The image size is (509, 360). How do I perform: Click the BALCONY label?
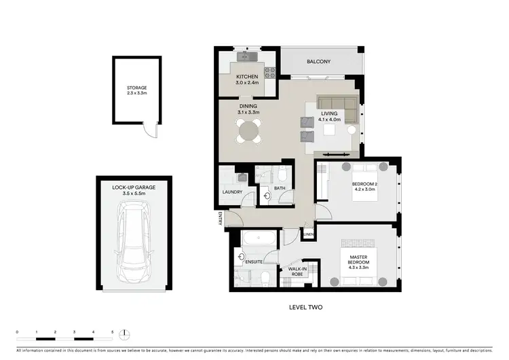318,62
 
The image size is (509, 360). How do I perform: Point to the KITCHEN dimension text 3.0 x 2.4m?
247,84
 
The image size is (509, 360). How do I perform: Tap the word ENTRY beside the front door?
220,218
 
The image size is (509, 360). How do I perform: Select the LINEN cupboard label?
308,235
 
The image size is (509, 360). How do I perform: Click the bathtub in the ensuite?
259,238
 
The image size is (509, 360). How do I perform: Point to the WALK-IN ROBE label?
297,272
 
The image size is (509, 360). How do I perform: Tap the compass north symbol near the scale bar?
125,333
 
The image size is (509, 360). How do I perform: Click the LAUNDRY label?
232,192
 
